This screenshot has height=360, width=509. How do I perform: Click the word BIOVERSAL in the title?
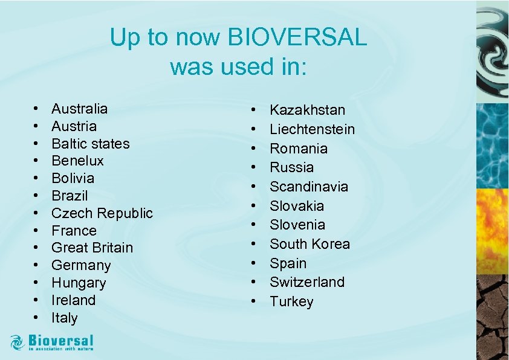coord(297,38)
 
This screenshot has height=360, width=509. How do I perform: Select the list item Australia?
coord(79,109)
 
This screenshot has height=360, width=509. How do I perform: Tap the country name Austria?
coord(74,126)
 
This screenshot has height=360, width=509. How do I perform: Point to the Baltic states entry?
coord(90,144)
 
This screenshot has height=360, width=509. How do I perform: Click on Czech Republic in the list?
coord(102,213)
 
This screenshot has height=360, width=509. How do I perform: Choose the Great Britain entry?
coord(92,248)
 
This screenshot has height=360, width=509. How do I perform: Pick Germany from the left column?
coord(81,265)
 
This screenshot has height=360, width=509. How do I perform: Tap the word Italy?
coord(64,318)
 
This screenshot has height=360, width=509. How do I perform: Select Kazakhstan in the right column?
coord(307,110)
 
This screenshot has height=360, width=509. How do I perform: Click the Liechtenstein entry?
coord(312,129)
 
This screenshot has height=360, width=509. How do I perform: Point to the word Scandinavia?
coord(308,187)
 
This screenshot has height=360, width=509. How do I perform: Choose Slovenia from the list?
coord(297,225)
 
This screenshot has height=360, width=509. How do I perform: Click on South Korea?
coord(310,244)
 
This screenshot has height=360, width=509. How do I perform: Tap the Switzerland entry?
coord(306,282)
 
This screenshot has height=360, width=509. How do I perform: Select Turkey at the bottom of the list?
coord(291,301)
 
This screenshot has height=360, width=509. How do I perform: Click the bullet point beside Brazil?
coord(37,196)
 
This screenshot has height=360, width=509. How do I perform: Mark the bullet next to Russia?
coord(255,168)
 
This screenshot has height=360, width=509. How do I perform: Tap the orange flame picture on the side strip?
coord(492,230)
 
